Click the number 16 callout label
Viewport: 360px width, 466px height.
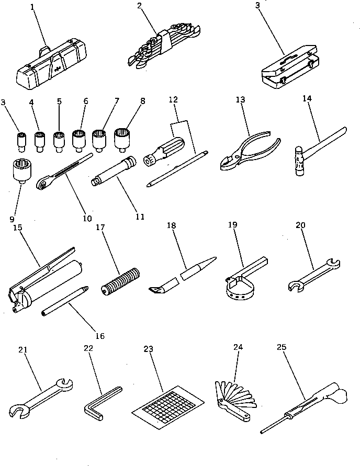click(x=99, y=336)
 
